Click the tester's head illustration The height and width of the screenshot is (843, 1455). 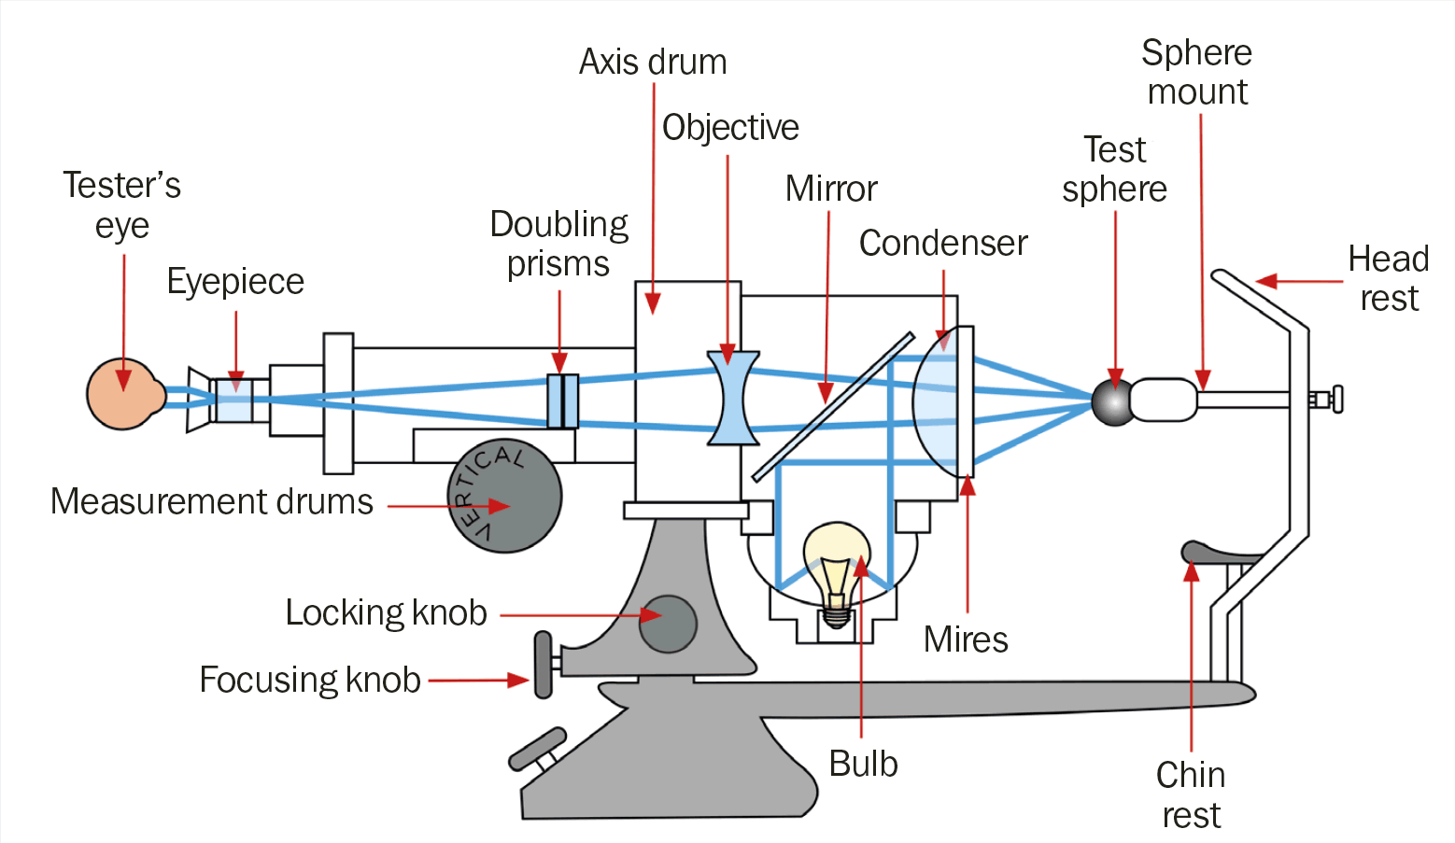(121, 394)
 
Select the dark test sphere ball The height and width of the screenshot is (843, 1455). (1112, 401)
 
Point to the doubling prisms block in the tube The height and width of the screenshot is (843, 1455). (562, 401)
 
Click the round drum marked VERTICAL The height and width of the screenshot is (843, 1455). (504, 496)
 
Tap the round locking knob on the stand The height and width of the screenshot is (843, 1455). (668, 624)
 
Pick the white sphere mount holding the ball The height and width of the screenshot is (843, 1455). (1164, 400)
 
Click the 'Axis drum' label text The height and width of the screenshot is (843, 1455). (653, 63)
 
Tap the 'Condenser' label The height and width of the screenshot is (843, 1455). (943, 244)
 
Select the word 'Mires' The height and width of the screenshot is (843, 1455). (966, 640)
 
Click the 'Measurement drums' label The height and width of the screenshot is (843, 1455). (212, 502)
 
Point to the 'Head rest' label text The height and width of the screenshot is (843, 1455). (1389, 278)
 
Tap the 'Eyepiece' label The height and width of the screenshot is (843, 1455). (235, 282)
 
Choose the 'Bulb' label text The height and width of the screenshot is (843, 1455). (863, 765)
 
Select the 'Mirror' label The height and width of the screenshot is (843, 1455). (831, 190)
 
